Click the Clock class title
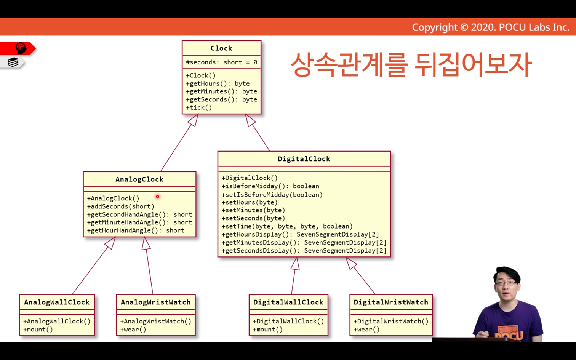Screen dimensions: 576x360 [221, 48]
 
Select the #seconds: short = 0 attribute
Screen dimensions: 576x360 [221, 62]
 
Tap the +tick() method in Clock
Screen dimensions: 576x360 [199, 107]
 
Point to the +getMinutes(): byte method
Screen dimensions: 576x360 [221, 91]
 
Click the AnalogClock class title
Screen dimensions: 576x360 [139, 179]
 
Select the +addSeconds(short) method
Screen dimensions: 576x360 [121, 206]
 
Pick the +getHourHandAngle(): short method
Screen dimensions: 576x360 [136, 230]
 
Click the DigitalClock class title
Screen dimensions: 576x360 [304, 159]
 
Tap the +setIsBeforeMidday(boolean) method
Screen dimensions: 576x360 [272, 195]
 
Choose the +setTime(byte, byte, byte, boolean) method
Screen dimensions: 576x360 [287, 226]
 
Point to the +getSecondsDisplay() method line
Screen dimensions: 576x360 [304, 250]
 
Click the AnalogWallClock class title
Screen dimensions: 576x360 [57, 302]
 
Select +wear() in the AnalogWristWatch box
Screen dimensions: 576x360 [133, 330]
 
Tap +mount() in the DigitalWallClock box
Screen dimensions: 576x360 [267, 330]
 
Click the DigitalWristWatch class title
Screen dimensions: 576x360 [391, 302]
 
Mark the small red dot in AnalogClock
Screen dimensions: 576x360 [157, 197]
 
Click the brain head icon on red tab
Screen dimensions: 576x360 [21, 48]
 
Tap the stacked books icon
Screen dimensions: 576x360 [13, 62]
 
